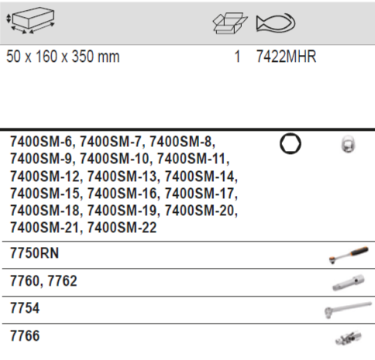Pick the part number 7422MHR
pyautogui.click(x=286, y=57)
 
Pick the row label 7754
pyautogui.click(x=23, y=308)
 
